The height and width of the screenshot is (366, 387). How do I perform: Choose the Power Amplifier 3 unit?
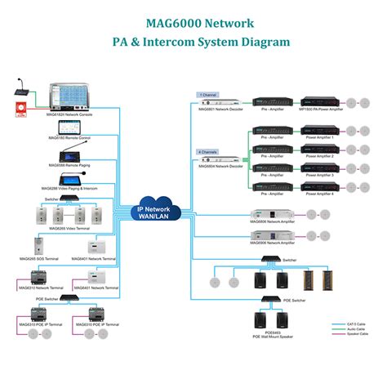click(x=317, y=170)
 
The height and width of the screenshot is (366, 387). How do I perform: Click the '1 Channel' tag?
click(x=209, y=96)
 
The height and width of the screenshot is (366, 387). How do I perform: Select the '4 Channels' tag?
click(x=209, y=150)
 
